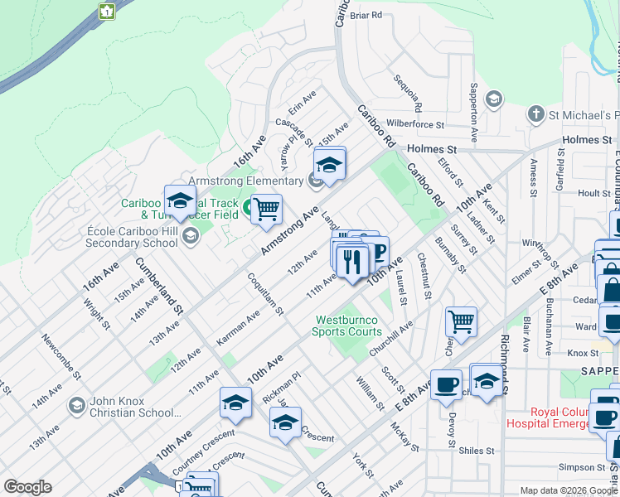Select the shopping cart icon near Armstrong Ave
(x=266, y=210)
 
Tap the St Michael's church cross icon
(x=536, y=113)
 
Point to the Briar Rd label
(x=366, y=15)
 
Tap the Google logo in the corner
(x=27, y=487)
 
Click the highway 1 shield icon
(x=106, y=11)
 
